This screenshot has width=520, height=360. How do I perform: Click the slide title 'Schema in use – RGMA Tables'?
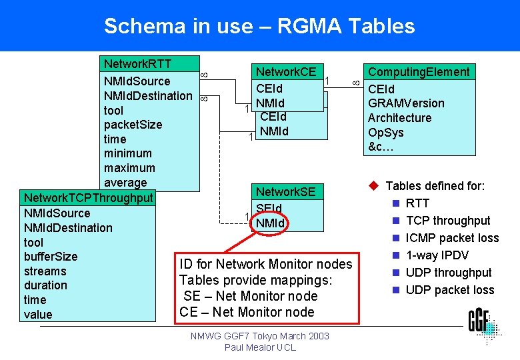[x=259, y=26]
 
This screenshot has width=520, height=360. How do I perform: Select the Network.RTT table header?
[x=137, y=64]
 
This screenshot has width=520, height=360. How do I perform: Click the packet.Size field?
[x=133, y=125]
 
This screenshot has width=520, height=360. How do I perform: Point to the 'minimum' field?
[x=127, y=153]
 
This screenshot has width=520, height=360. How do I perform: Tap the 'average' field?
[x=125, y=183]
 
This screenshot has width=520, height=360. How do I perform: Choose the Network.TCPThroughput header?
[x=88, y=198]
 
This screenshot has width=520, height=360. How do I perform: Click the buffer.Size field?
[x=51, y=257]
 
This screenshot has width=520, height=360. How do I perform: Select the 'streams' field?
[x=45, y=271]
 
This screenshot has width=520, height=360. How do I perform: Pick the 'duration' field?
[x=45, y=285]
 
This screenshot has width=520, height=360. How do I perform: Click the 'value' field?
[x=38, y=315]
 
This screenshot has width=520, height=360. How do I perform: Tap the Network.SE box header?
[x=286, y=192]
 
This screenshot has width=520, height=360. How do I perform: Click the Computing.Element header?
[x=419, y=72]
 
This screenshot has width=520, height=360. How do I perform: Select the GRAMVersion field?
[x=406, y=103]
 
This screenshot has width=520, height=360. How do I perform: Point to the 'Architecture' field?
[x=399, y=118]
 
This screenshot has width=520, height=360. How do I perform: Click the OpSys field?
[x=386, y=133]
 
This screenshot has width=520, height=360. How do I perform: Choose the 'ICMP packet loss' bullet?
[x=452, y=238]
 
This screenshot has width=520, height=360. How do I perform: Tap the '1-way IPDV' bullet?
[x=437, y=255]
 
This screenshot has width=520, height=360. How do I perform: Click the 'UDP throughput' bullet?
[x=449, y=273]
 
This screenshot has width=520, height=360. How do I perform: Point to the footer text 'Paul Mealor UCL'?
[x=259, y=347]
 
